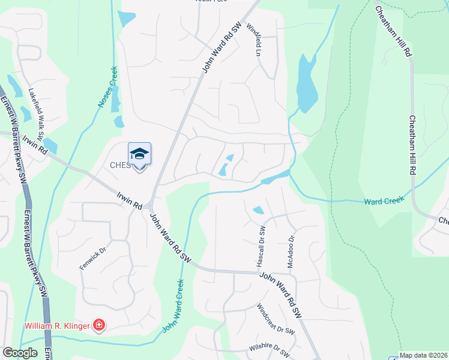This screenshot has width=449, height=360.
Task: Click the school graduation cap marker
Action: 139,155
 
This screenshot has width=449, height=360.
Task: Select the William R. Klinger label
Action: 57,326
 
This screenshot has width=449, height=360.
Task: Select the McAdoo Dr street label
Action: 291,246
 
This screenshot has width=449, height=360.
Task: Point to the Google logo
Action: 19,353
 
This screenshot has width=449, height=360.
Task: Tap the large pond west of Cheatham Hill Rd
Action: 307,84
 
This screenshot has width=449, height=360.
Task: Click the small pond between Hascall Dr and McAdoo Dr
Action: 258,210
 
